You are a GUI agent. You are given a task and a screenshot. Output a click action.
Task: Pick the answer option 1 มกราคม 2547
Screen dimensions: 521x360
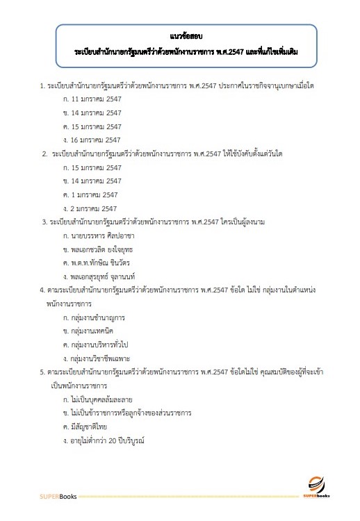click(x=90, y=194)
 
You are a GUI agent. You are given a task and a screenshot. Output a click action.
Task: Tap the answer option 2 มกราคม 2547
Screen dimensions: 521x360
click(x=90, y=207)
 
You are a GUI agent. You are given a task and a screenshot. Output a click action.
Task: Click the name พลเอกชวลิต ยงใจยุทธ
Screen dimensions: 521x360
click(x=101, y=249)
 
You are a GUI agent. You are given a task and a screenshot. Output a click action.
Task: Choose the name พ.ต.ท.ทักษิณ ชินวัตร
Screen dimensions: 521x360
click(x=100, y=263)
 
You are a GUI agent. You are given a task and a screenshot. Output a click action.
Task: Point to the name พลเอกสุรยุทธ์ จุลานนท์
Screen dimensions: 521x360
click(x=104, y=276)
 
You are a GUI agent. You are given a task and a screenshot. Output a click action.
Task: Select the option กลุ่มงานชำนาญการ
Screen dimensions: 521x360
click(x=96, y=317)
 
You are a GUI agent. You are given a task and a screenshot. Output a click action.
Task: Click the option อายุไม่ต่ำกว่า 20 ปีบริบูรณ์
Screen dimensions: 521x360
click(x=106, y=440)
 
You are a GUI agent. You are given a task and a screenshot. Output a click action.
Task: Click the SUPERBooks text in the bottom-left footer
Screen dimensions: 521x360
click(x=58, y=497)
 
